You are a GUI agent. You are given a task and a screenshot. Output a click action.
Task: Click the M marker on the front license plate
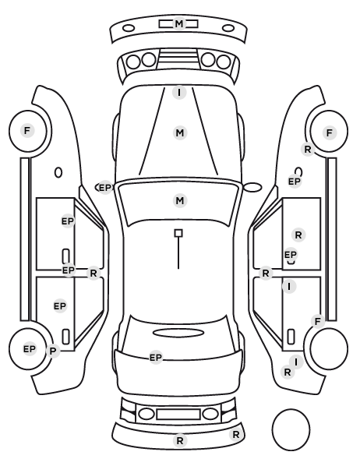pos(179,23)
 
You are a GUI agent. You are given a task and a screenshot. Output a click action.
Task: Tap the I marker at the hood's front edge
pos(179,93)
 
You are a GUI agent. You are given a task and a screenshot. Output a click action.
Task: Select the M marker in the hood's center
pos(180,132)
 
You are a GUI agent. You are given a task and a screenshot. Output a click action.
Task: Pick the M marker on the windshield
pos(180,200)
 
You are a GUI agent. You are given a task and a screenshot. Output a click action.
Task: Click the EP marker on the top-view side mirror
pos(104,188)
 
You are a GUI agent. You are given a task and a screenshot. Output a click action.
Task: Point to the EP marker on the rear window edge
pos(156,358)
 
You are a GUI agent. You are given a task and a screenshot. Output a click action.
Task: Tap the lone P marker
pos(53,351)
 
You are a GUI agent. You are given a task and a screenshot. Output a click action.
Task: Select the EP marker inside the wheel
pos(29,349)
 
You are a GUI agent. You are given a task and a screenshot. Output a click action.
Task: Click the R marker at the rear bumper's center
pos(179,441)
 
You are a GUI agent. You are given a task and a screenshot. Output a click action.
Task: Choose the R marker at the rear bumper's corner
pos(236,435)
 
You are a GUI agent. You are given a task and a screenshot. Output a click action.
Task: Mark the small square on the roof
pos(178,233)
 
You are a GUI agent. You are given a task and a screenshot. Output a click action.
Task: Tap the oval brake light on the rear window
pos(178,333)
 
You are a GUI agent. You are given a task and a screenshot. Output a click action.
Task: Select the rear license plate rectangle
pos(178,414)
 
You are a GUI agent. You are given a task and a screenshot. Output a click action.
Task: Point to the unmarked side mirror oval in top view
pos(252,188)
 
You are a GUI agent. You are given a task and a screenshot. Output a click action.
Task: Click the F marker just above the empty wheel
pos(317,321)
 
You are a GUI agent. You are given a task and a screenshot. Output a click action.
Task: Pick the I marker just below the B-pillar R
pos(289,287)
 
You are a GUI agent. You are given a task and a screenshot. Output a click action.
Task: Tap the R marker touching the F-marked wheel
pos(308,149)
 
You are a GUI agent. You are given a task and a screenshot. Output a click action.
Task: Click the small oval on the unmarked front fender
pos(58,172)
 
